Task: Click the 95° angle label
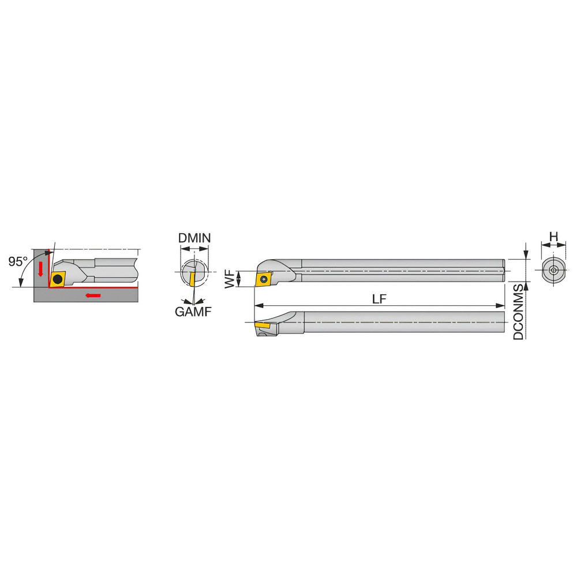(18, 261)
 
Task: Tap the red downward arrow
(40, 268)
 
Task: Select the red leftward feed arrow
(92, 296)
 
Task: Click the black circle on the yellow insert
(57, 279)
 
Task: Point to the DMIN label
(194, 238)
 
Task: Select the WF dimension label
(230, 279)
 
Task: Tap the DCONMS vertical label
(519, 311)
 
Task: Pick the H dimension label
(553, 236)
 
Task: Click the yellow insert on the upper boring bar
(263, 279)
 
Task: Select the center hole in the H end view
(553, 270)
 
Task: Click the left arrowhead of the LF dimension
(257, 306)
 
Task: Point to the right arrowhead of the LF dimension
(502, 306)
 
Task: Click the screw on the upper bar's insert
(263, 279)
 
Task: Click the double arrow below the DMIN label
(194, 249)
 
